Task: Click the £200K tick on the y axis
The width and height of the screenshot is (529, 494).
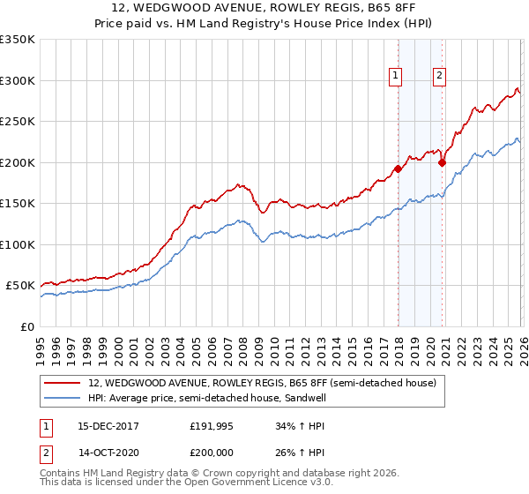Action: tap(18, 162)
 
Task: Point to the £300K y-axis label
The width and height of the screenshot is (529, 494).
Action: tap(18, 80)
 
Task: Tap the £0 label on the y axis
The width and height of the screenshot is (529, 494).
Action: tap(26, 326)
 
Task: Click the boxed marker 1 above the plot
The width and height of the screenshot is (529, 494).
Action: tap(397, 77)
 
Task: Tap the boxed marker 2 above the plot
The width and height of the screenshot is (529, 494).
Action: tap(439, 77)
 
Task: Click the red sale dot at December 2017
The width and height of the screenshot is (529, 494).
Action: tap(398, 168)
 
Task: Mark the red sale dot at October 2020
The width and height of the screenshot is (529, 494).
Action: tap(442, 162)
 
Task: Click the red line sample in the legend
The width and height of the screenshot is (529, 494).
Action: tap(62, 383)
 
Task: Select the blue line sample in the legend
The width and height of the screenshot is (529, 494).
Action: tap(62, 398)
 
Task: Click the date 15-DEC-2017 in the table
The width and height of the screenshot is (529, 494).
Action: tap(103, 426)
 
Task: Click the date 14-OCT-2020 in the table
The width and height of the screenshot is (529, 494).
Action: tap(103, 454)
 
